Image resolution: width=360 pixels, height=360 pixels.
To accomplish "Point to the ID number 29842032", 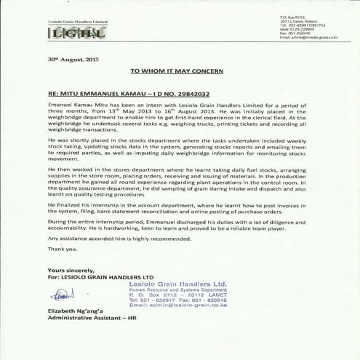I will tap(191, 95).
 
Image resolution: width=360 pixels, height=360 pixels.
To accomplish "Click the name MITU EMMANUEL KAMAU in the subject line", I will tap(97, 95).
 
